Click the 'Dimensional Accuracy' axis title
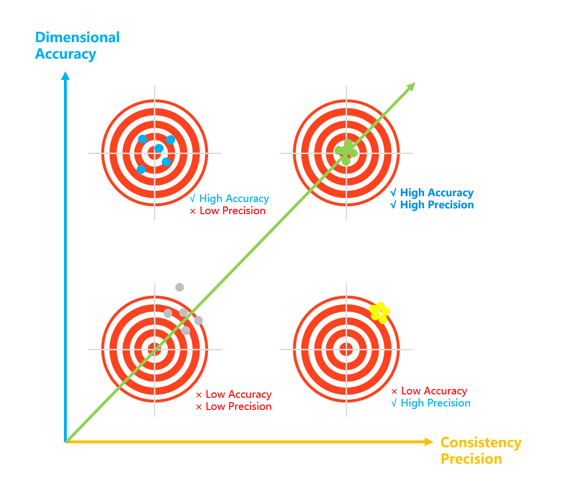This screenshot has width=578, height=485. tap(77, 46)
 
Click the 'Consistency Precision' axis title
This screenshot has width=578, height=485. tap(481, 451)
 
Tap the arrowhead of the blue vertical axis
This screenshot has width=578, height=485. tap(65, 76)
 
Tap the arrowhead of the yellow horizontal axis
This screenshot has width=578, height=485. tap(428, 442)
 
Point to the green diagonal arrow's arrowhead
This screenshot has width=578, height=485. tap(411, 87)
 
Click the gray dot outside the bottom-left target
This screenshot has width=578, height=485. tap(180, 287)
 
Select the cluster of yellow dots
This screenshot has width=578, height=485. tap(380, 312)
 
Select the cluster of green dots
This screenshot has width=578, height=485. tap(346, 151)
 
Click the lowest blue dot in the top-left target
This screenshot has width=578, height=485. tap(141, 170)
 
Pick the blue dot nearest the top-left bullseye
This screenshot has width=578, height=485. tap(159, 148)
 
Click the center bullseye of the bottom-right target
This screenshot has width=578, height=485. tap(346, 349)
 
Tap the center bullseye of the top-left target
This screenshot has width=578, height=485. tap(155, 153)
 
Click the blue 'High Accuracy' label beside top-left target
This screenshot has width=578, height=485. tap(234, 199)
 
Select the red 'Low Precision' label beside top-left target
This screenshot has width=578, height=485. tap(232, 211)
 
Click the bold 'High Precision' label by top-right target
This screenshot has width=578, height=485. tap(437, 205)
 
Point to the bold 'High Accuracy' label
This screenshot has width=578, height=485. tap(437, 193)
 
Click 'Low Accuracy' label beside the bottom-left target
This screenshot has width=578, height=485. tap(238, 394)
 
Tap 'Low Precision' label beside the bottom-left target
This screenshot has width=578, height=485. tap(238, 407)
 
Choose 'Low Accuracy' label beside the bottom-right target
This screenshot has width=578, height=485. tap(434, 391)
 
